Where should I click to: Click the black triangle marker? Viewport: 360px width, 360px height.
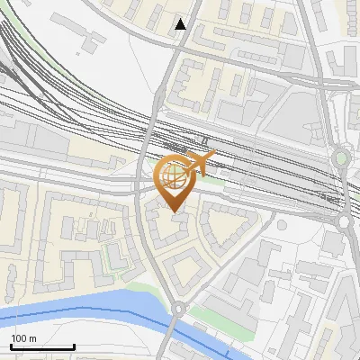click(x=181, y=24)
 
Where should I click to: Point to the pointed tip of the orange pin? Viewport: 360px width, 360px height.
click(x=174, y=212)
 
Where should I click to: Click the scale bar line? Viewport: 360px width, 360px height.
click(x=42, y=346)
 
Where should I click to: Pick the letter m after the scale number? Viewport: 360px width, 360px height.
click(x=32, y=338)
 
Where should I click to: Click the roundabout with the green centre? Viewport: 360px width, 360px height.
click(x=340, y=159)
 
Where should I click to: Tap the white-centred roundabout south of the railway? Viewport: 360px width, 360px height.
click(x=345, y=222)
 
